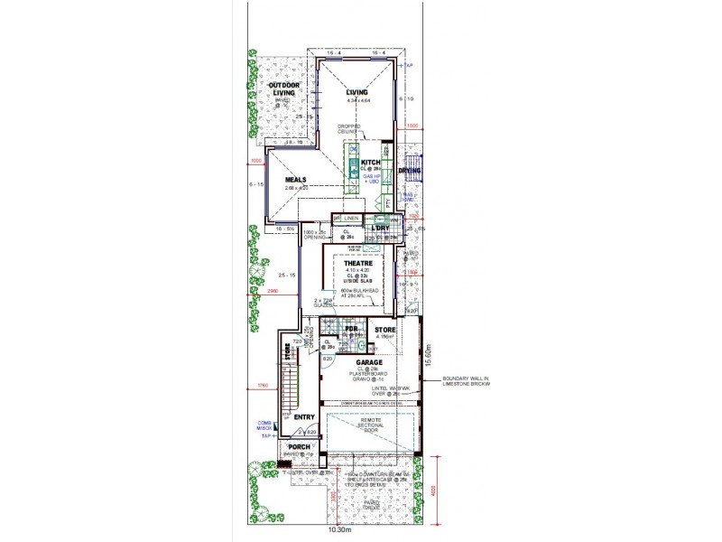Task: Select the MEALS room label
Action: coord(297,179)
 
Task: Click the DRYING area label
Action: coord(412,170)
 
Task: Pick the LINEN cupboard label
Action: coord(351,218)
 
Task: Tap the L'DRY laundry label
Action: coord(380,228)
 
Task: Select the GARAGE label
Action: coord(367,362)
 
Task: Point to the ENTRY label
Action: coord(303,416)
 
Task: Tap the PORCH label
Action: coord(299,446)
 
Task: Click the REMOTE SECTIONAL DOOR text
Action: coord(370,425)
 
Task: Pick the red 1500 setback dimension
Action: coord(412,126)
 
